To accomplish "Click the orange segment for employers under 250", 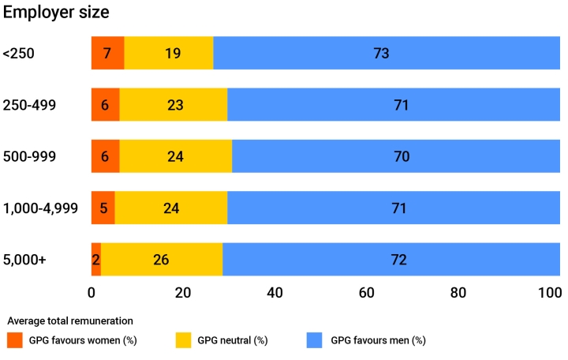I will (x=107, y=54).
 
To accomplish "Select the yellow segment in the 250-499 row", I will (x=174, y=105).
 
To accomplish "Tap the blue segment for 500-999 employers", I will (x=396, y=156).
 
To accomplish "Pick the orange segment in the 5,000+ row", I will (x=95, y=259).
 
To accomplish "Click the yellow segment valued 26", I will (x=162, y=259).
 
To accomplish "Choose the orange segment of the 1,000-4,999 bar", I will (x=103, y=208).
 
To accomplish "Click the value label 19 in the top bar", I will (x=174, y=54).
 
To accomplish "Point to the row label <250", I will (x=19, y=54).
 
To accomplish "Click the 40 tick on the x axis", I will (x=275, y=293).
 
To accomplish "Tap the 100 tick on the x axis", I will (x=549, y=293).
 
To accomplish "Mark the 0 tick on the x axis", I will (x=92, y=293).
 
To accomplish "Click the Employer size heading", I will (x=56, y=13).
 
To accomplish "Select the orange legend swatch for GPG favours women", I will (x=15, y=340).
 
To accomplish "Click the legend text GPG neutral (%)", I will (x=233, y=340).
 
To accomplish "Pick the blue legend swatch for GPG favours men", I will (x=316, y=340).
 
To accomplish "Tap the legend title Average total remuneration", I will (x=69, y=321).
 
